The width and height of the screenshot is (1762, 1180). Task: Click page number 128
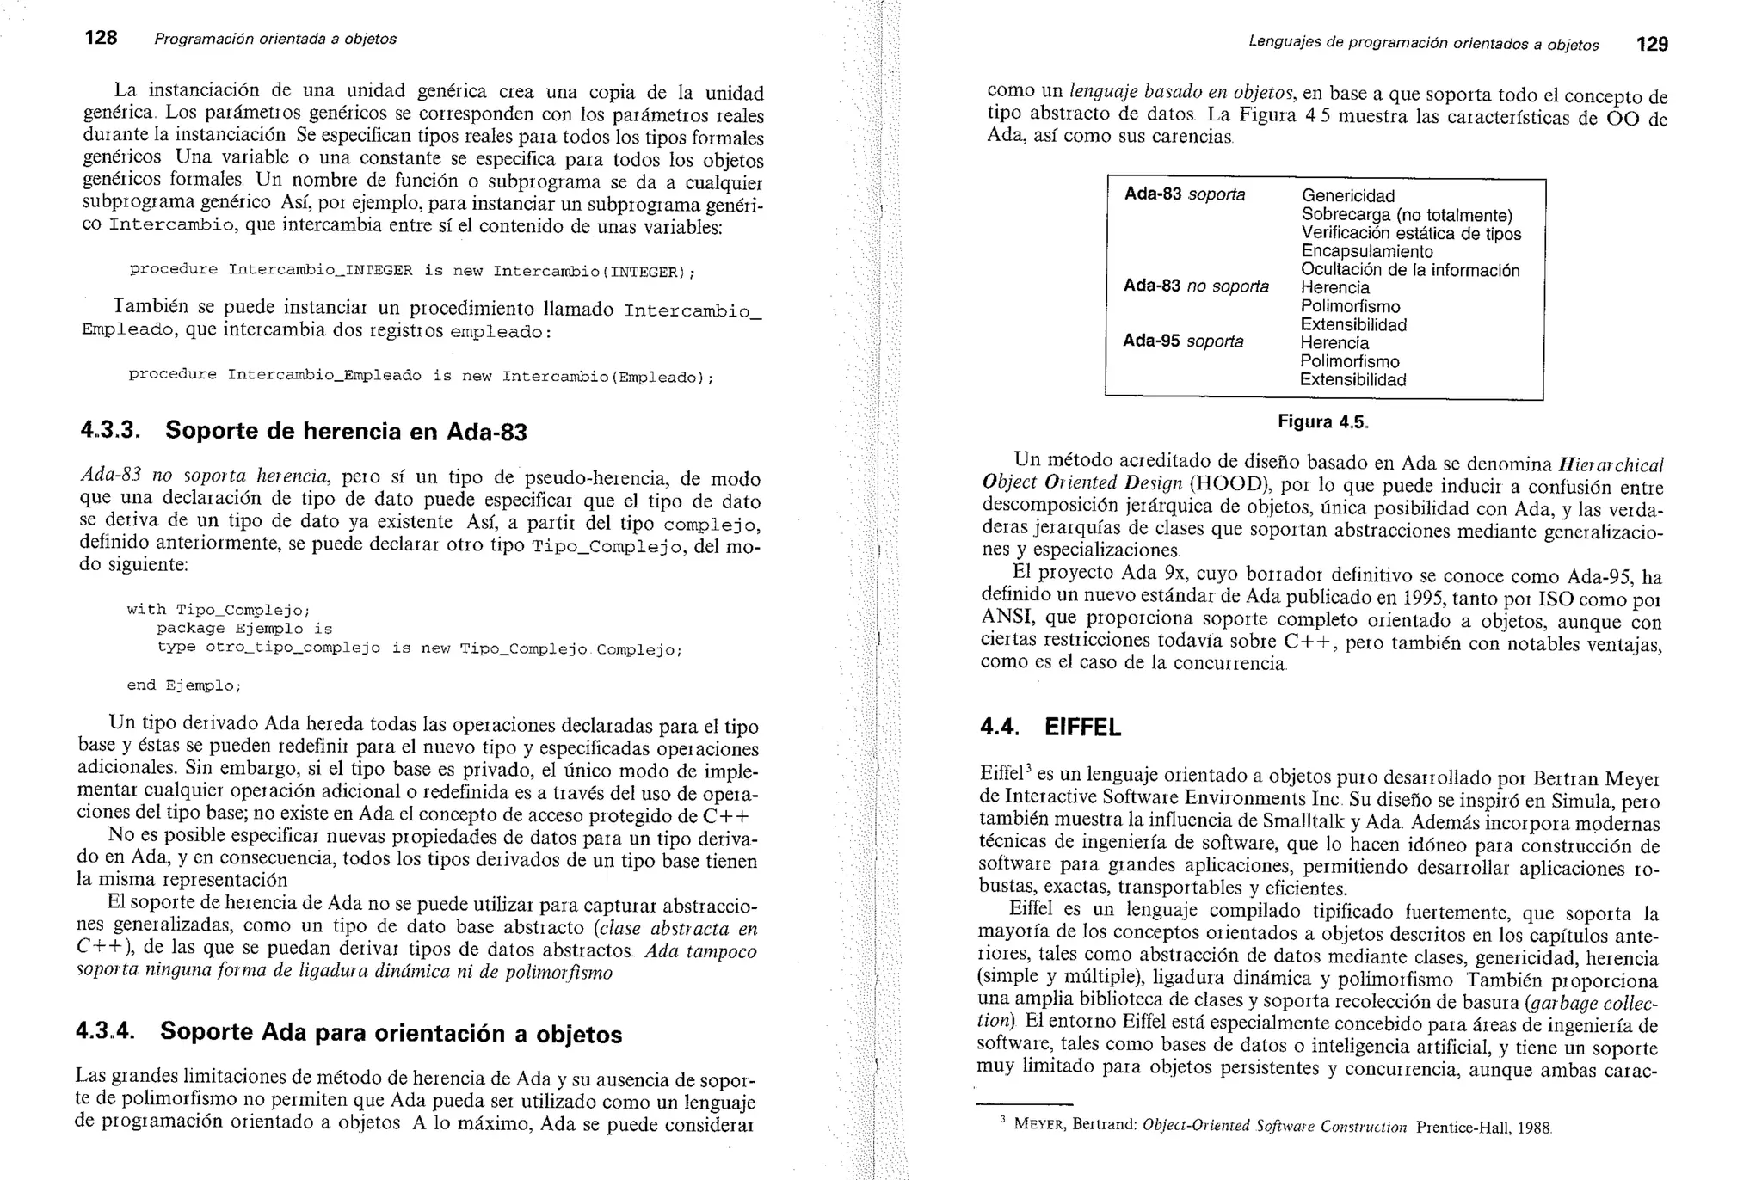pyautogui.click(x=101, y=38)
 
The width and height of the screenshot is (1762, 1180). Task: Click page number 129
pyautogui.click(x=1652, y=44)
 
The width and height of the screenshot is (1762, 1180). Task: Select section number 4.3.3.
pyautogui.click(x=110, y=430)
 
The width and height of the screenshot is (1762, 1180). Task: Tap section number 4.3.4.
pyautogui.click(x=106, y=1030)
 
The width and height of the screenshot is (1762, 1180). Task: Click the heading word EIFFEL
pyautogui.click(x=1082, y=728)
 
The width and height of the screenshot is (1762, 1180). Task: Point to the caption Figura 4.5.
pyautogui.click(x=1322, y=422)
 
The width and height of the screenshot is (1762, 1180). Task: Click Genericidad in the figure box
pyautogui.click(x=1348, y=196)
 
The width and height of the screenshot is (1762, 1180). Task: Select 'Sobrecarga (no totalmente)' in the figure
pyautogui.click(x=1407, y=215)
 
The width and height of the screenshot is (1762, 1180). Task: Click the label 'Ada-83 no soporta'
pyautogui.click(x=1196, y=286)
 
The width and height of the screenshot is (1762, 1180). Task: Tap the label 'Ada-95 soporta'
pyautogui.click(x=1183, y=341)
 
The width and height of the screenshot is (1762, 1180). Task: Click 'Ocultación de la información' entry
pyautogui.click(x=1410, y=270)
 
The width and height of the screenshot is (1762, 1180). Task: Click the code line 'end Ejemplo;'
pyautogui.click(x=184, y=685)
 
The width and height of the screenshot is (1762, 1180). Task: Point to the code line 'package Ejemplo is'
pyautogui.click(x=244, y=629)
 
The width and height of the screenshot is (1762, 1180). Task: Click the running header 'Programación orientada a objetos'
pyautogui.click(x=275, y=39)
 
